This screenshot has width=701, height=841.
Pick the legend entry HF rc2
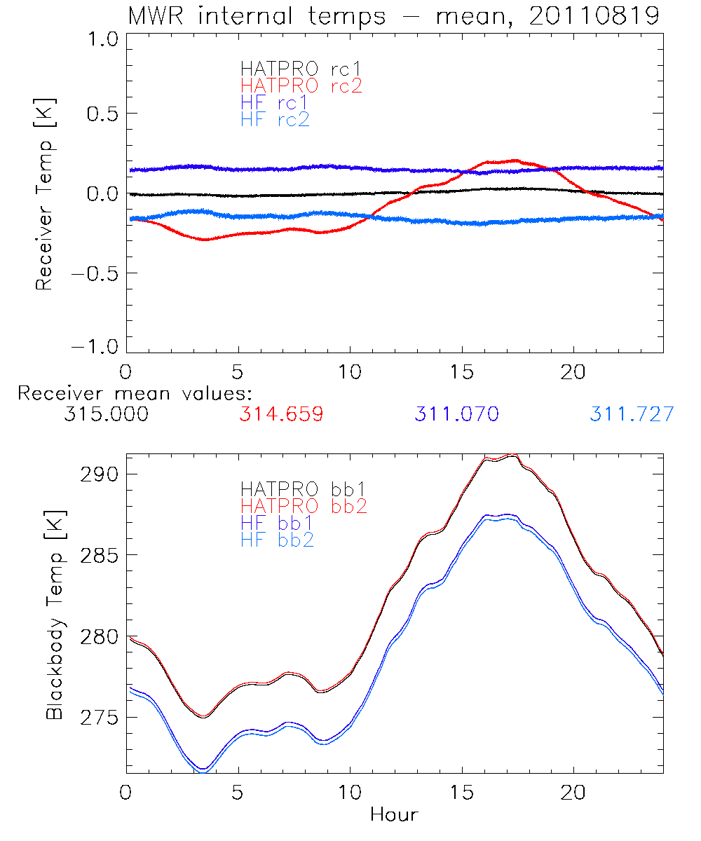pos(275,120)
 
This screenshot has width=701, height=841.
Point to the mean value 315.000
pos(106,414)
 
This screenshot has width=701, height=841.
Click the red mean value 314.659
pos(281,414)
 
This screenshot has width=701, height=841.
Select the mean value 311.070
pos(456,414)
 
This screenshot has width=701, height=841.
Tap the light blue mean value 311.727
pos(632,414)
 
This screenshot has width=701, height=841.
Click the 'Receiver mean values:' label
pos(135,393)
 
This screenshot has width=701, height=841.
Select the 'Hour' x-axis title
pos(394,815)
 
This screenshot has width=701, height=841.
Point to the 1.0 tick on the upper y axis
pos(102,40)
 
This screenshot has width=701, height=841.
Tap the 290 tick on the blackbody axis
pos(97,474)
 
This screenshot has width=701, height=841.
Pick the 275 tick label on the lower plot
pos(97,718)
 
